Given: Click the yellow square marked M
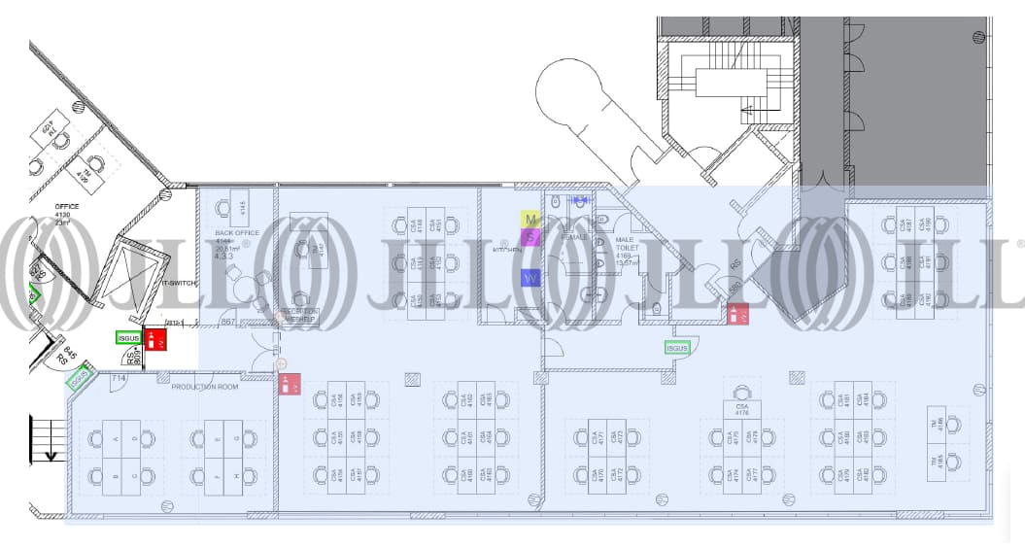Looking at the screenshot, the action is coord(530,220).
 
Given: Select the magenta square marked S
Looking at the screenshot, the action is coord(530,236).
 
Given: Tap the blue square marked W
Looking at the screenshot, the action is coord(530,278).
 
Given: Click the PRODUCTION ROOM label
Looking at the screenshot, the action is coord(205,387).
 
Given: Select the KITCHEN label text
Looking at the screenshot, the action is coord(507,251).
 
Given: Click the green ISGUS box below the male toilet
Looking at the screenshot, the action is coord(677,348).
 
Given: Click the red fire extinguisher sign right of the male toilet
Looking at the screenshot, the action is coord(738,314).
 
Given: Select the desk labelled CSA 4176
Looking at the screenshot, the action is coord(742,410).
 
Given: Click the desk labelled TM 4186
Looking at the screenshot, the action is coord(938,424).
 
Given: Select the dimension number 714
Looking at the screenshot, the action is coord(120,377).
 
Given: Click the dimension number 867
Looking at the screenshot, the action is coord(229,321).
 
